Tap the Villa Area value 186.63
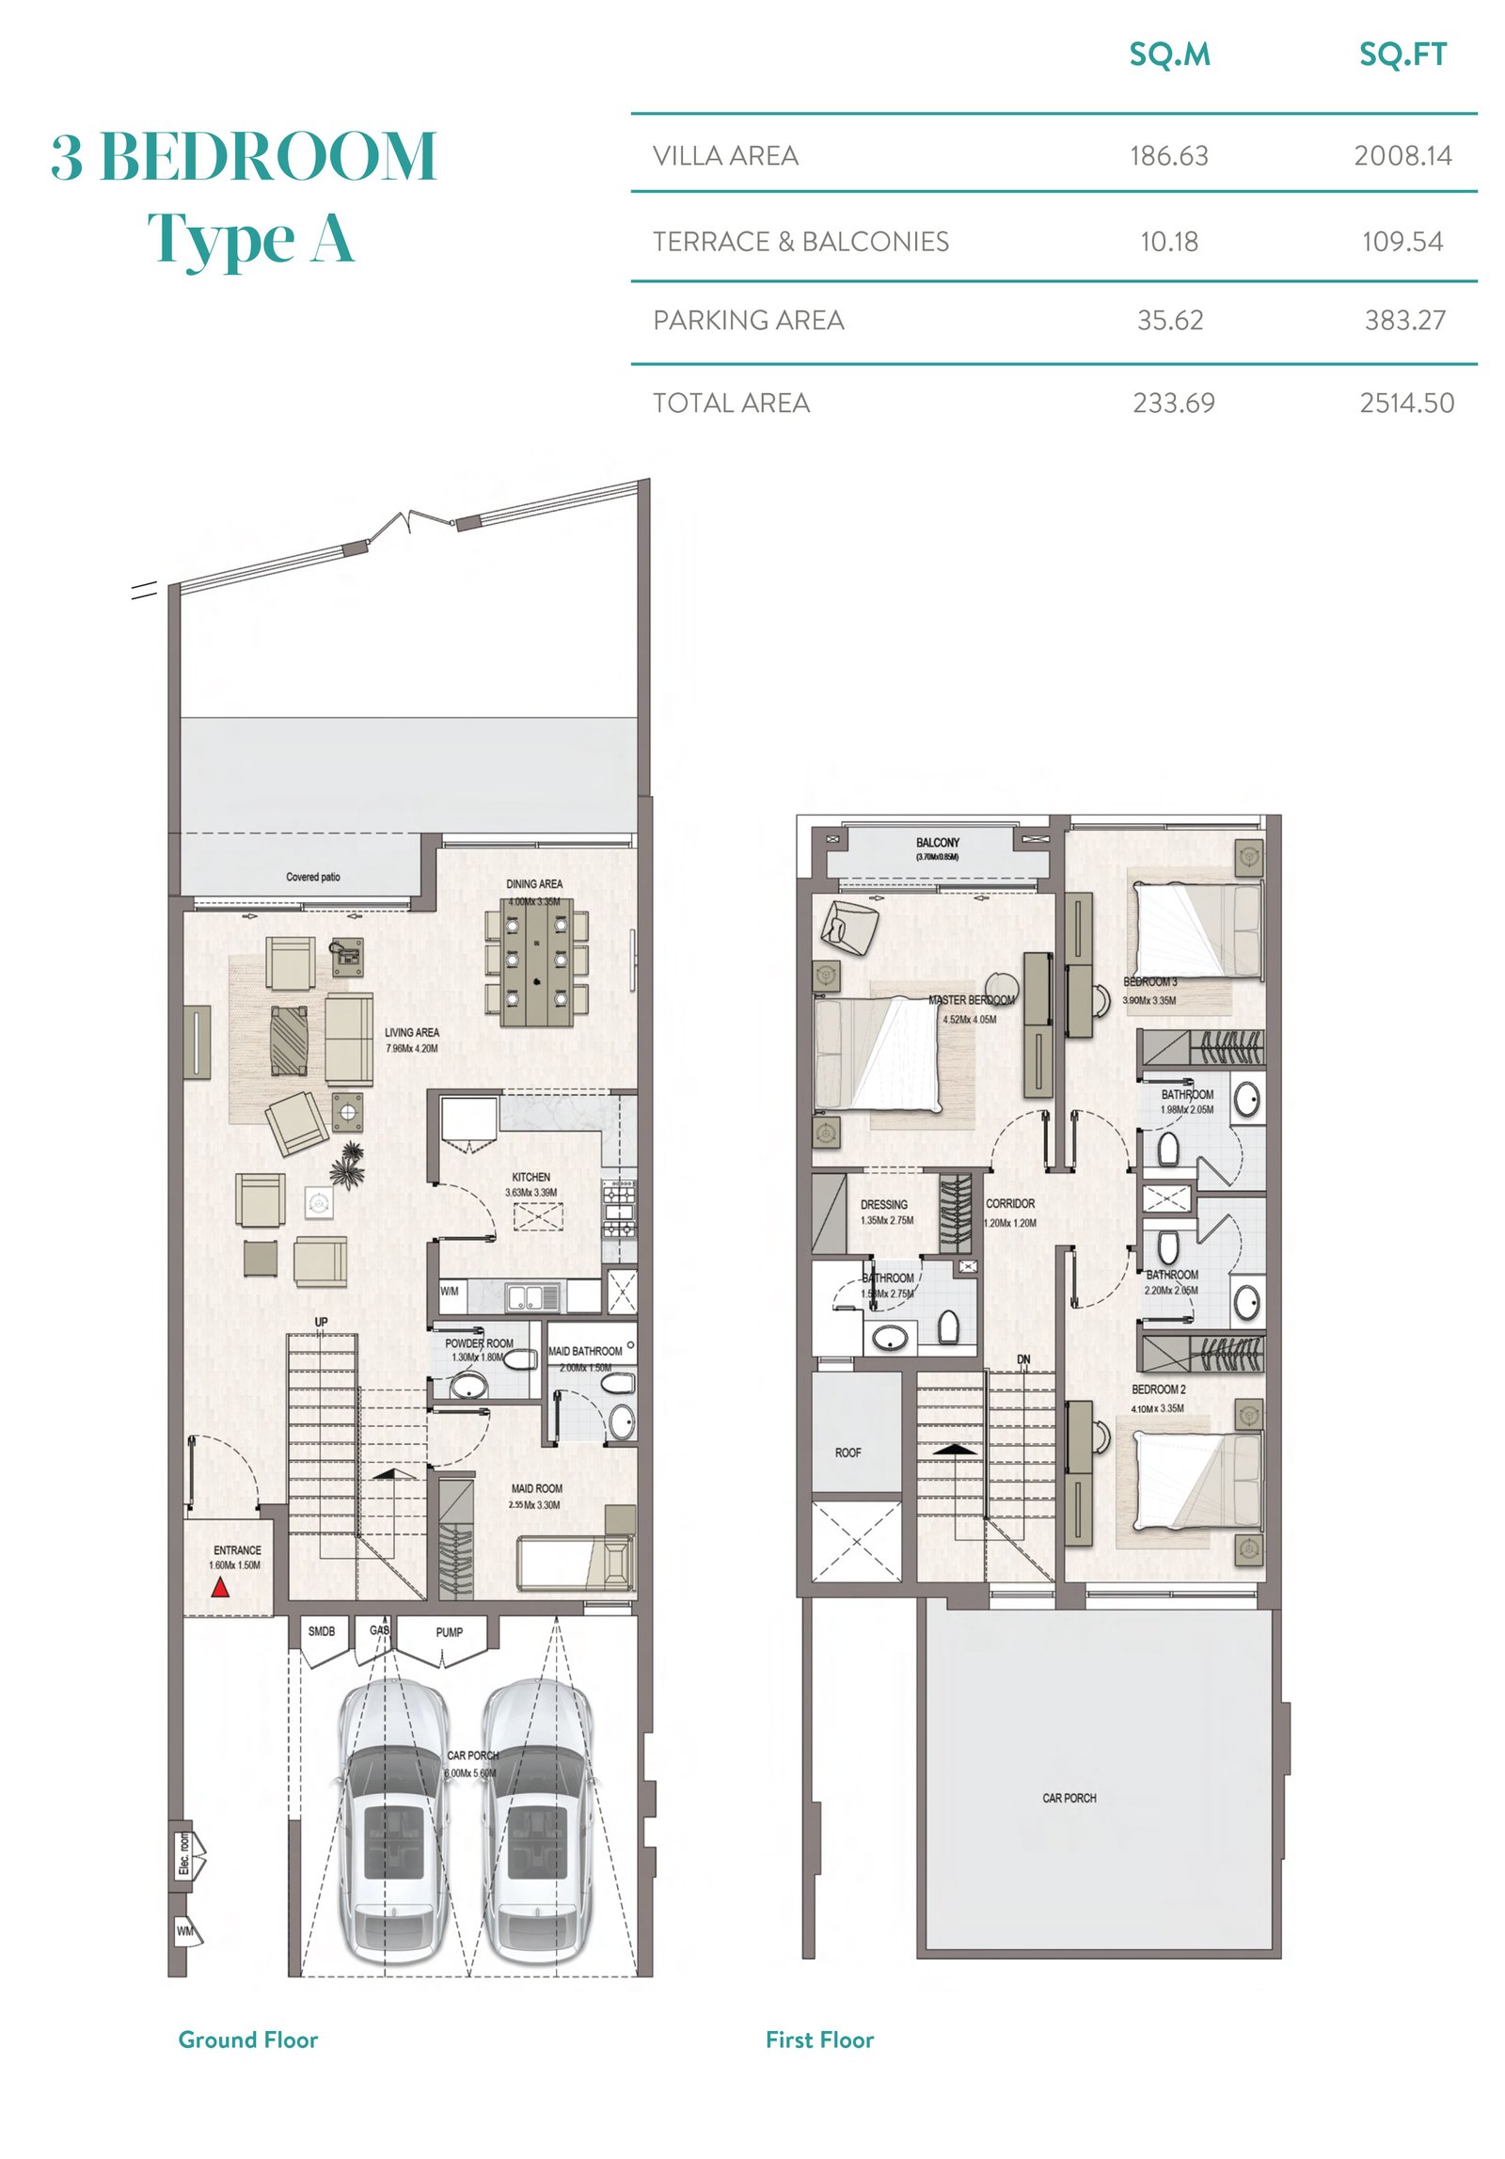(1168, 155)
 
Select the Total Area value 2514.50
(1406, 404)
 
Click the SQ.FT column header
(1402, 56)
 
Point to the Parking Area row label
(748, 321)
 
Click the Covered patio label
(313, 877)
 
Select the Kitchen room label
(531, 1177)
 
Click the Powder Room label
(479, 1343)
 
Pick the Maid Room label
(536, 1488)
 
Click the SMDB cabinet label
(322, 1631)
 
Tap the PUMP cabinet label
(449, 1632)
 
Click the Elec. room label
(184, 1854)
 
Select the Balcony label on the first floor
(937, 843)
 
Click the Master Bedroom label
(971, 1000)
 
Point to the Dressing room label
(883, 1204)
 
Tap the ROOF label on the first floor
(848, 1453)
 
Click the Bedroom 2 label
(1158, 1389)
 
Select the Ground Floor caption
(248, 2040)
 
